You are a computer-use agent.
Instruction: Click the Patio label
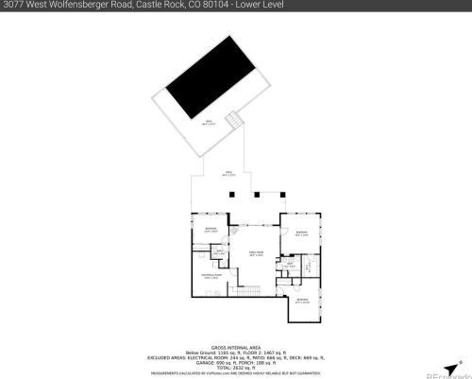[227, 174]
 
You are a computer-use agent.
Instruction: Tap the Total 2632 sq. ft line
[236, 364]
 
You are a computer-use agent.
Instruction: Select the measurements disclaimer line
[236, 370]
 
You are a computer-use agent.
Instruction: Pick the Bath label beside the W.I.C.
[292, 266]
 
